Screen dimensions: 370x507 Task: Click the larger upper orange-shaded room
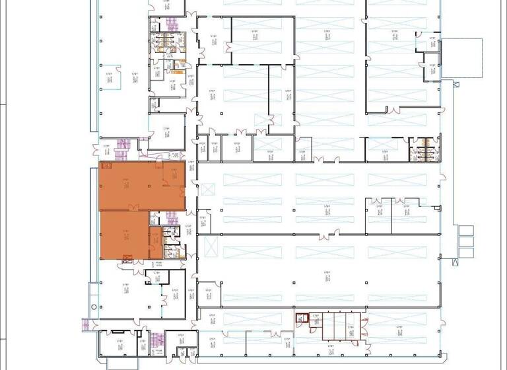(x=132, y=185)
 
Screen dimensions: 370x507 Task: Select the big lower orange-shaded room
(x=123, y=235)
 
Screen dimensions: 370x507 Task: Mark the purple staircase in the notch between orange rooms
(x=172, y=219)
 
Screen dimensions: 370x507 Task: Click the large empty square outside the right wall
(x=461, y=58)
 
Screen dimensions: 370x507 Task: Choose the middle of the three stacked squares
(x=466, y=241)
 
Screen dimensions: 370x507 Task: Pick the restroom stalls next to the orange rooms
(x=172, y=242)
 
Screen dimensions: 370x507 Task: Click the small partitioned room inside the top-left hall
(x=110, y=78)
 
